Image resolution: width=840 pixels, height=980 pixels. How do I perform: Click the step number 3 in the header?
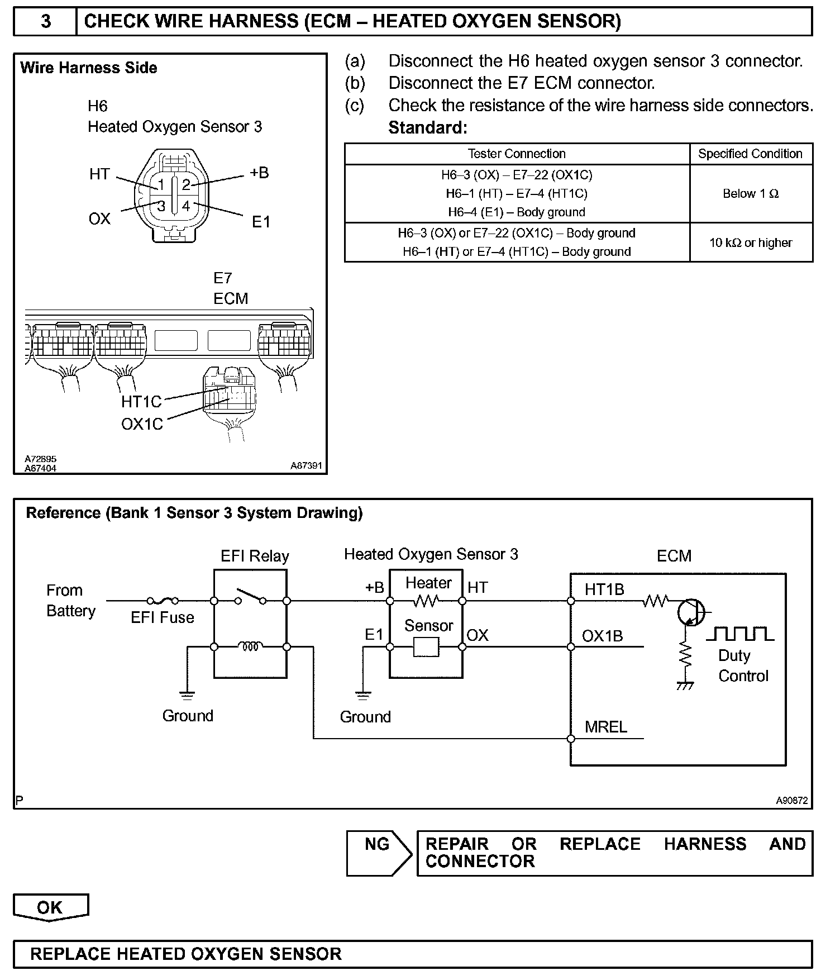point(46,21)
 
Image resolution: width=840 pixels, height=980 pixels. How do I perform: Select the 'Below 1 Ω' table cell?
point(751,194)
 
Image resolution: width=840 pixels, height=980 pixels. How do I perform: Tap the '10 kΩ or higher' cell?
point(751,242)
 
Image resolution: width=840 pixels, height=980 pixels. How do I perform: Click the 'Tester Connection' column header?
point(517,154)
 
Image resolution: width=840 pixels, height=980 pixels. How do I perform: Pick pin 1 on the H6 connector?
point(161,184)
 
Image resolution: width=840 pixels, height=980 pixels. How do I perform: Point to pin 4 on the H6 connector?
point(186,206)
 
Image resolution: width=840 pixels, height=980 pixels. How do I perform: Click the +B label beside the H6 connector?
point(259,173)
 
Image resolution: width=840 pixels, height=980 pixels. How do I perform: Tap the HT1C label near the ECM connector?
point(141,402)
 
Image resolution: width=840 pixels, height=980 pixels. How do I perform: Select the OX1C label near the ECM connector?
point(142,424)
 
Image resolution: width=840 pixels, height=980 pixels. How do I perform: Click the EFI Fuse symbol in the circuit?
point(163,601)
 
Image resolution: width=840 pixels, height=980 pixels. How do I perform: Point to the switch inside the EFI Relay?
point(250,597)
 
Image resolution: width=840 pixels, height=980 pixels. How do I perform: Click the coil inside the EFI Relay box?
point(250,647)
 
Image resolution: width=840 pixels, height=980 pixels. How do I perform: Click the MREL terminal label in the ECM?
point(606,727)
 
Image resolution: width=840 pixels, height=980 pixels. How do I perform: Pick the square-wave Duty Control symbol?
point(740,634)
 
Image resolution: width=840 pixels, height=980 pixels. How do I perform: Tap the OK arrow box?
point(50,907)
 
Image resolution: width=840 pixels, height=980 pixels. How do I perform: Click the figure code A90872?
point(791,801)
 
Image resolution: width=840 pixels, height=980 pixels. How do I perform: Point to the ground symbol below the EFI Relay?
point(187,696)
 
